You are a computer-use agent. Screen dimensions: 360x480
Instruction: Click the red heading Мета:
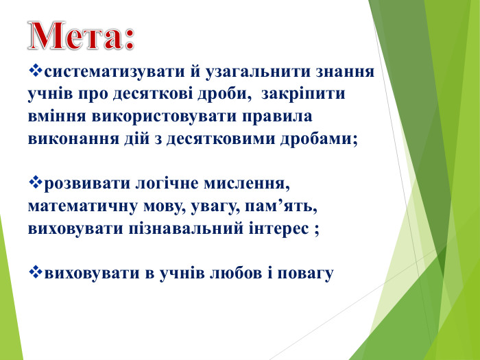coord(81,35)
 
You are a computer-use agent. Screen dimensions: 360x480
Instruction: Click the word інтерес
coord(281,228)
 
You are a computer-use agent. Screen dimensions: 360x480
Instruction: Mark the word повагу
coord(307,274)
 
